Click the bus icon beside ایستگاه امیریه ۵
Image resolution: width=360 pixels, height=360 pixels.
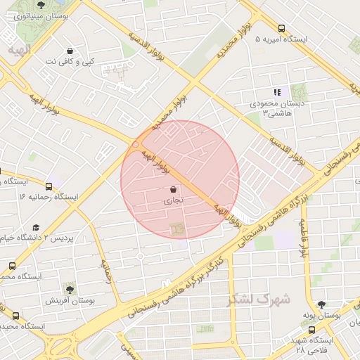tap(281, 29)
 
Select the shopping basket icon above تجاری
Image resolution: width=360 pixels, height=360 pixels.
tap(174, 189)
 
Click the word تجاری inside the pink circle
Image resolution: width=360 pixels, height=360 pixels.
tap(174, 200)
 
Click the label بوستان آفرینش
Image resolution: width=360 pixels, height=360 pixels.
tap(70, 300)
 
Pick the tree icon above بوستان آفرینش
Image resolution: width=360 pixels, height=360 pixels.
tap(69, 288)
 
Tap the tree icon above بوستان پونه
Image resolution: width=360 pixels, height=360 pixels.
tap(321, 304)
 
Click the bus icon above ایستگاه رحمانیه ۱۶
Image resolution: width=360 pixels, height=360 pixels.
tap(49, 186)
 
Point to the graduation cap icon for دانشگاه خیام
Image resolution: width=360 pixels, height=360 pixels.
tap(36, 228)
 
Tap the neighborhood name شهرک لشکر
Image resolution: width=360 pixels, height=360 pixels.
tap(249, 300)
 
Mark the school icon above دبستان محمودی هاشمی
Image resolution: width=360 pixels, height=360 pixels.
tap(277, 92)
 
